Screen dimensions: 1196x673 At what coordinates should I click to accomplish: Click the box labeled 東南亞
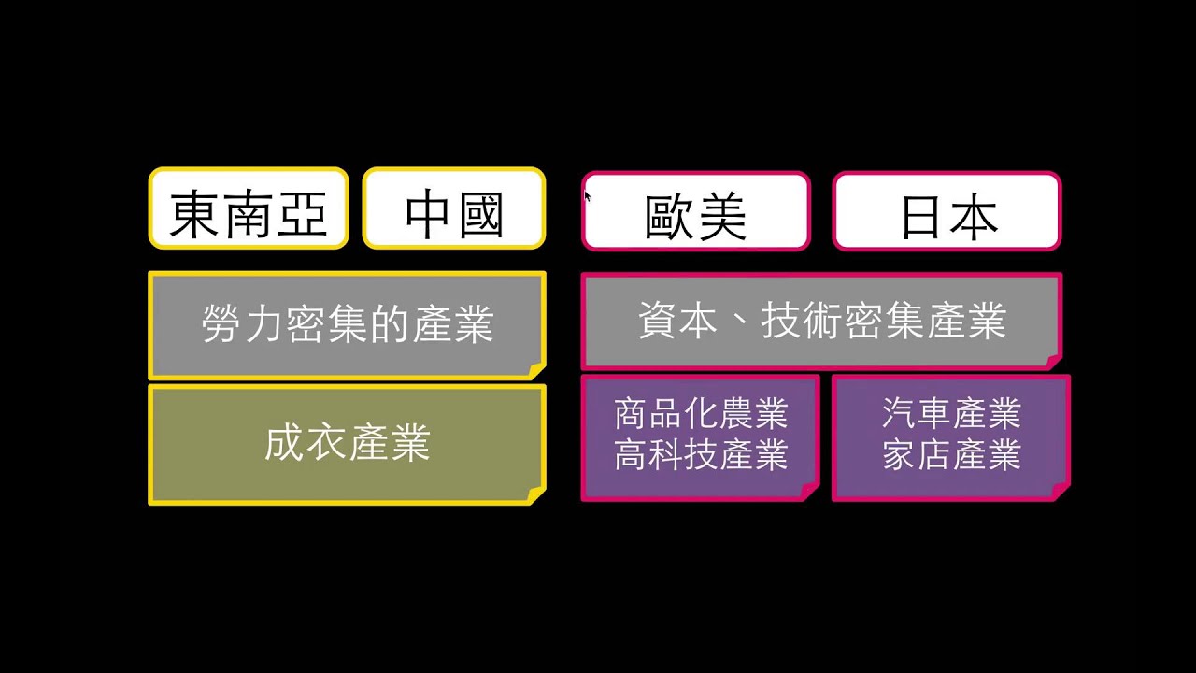tap(249, 208)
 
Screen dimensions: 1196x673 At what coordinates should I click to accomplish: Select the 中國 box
tap(454, 208)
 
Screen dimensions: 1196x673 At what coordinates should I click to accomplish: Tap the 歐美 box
tap(696, 211)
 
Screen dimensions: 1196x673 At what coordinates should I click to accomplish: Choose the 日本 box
tap(947, 211)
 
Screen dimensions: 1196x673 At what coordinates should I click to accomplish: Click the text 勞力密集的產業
tap(348, 323)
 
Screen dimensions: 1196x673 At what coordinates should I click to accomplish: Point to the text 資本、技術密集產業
tap(822, 321)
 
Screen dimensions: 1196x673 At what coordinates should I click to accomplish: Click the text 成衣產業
tap(348, 442)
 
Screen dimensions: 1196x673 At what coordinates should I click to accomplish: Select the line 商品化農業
tap(701, 413)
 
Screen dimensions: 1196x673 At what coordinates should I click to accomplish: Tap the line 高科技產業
tap(701, 454)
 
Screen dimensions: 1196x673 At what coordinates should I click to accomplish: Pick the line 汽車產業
tap(951, 413)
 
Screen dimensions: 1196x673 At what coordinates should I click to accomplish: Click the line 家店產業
tap(951, 454)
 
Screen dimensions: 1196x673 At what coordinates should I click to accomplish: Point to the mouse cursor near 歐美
tap(587, 196)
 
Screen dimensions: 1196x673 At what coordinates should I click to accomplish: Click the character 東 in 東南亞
tap(195, 214)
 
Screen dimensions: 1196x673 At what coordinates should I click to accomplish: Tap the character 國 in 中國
tap(481, 215)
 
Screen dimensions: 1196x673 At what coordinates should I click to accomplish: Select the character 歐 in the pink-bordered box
tap(670, 216)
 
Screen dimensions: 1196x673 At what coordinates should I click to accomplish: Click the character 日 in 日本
tap(920, 218)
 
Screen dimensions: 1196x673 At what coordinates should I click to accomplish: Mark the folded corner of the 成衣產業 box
tap(536, 496)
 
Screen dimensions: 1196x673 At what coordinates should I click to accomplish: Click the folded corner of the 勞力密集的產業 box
tap(536, 371)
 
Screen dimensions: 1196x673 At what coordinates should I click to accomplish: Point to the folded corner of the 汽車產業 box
tap(1061, 492)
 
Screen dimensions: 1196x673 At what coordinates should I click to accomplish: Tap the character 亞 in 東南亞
tap(302, 214)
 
